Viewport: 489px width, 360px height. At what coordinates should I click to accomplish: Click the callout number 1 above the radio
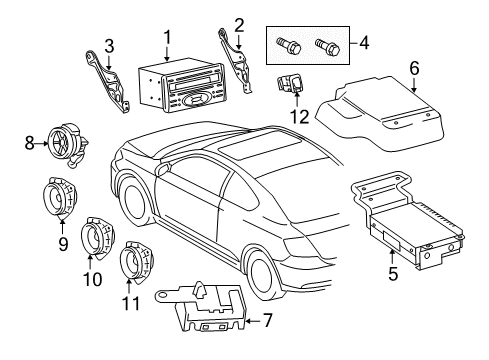tap(167, 37)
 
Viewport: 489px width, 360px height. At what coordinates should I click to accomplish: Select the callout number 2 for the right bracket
tap(238, 24)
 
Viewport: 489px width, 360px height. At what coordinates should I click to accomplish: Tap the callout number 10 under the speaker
tap(95, 280)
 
